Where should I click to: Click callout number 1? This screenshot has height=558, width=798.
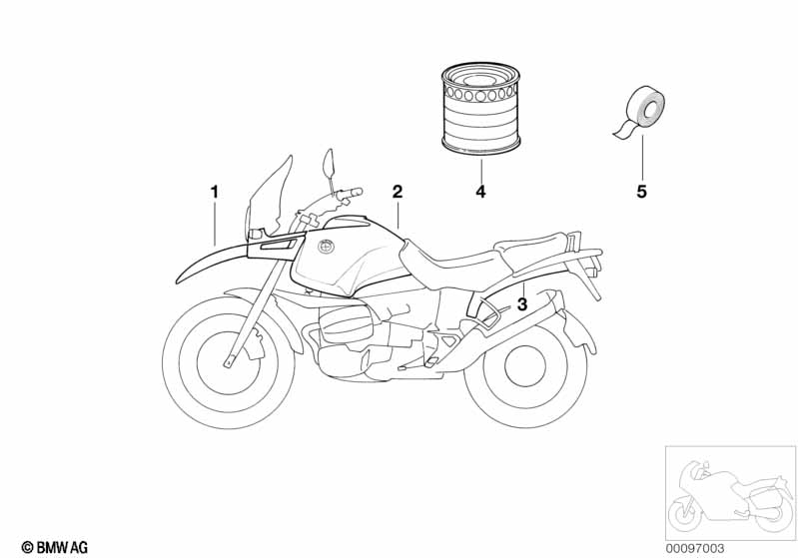pos(215,193)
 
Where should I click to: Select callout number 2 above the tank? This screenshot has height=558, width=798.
pos(398,192)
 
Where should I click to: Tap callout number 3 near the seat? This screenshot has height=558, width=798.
pos(522,304)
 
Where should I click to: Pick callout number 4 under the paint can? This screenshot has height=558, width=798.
pos(481,192)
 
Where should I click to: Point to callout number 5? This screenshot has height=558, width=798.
pos(642,192)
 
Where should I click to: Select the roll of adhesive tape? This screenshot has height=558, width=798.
pos(640,113)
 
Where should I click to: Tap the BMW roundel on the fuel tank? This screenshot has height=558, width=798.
pos(325,247)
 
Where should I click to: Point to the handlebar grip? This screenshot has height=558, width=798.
pos(348,193)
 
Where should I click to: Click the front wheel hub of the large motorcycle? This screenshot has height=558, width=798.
pos(228,360)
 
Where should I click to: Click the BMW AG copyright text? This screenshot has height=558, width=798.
pos(55,547)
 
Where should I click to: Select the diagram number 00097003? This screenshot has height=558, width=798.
pos(695,548)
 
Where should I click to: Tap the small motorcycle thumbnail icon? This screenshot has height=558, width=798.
pos(730,492)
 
